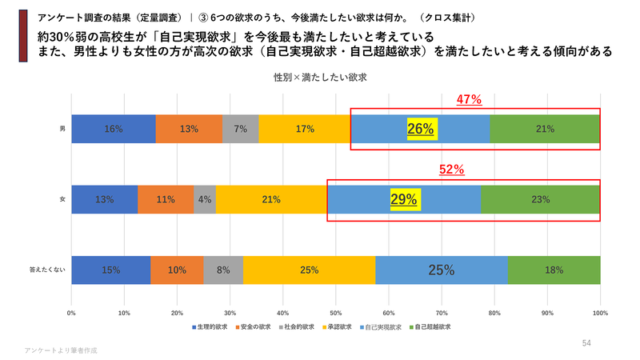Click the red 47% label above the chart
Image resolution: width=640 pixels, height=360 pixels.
tap(469, 100)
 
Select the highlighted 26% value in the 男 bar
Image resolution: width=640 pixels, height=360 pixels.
tap(421, 129)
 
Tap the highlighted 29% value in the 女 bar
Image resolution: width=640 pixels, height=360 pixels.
tap(404, 199)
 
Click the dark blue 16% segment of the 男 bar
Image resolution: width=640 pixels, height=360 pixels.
tap(113, 129)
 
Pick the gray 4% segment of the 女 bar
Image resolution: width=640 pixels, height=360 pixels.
tap(205, 199)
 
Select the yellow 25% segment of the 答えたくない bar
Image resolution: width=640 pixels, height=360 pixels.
tap(309, 270)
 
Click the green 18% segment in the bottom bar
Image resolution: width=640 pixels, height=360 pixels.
tap(554, 270)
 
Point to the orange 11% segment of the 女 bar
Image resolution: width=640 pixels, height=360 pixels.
tap(166, 199)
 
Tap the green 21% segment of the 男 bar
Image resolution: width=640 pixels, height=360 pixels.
tap(545, 129)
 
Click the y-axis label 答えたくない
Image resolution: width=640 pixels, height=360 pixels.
tap(46, 270)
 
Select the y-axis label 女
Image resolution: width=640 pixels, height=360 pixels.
tap(62, 199)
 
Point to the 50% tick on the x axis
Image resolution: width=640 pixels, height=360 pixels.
tap(336, 313)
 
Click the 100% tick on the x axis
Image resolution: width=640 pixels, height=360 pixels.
tap(600, 313)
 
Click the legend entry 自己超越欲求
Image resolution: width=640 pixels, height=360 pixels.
tap(431, 326)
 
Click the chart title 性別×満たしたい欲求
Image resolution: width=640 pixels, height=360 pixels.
tap(320, 78)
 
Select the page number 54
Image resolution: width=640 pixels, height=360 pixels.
tap(586, 343)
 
